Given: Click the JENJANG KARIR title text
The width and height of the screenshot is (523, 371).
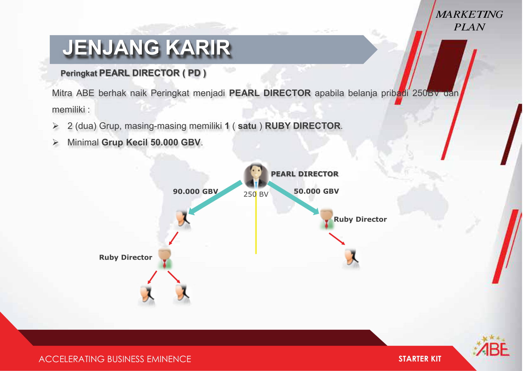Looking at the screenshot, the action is pyautogui.click(x=147, y=48).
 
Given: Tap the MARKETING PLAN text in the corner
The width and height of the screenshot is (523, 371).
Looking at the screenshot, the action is pyautogui.click(x=469, y=21).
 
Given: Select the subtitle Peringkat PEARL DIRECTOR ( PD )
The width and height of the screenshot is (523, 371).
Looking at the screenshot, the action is pyautogui.click(x=133, y=73).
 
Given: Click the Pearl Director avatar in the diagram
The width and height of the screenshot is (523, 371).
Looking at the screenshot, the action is pyautogui.click(x=256, y=176).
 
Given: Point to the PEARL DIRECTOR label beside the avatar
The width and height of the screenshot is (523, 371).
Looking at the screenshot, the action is pyautogui.click(x=305, y=174).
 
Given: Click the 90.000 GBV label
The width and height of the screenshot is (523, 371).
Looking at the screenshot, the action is pyautogui.click(x=196, y=191).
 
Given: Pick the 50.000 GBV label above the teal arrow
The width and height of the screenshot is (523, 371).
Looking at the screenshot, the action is pyautogui.click(x=316, y=191).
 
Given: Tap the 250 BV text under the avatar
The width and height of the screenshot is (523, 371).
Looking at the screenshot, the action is pyautogui.click(x=256, y=194).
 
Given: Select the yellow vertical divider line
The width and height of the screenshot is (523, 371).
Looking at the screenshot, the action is pyautogui.click(x=256, y=223).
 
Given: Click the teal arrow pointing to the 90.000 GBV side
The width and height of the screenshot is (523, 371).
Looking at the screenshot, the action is pyautogui.click(x=215, y=198).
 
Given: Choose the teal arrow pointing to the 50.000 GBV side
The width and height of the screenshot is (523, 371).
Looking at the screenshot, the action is pyautogui.click(x=293, y=198).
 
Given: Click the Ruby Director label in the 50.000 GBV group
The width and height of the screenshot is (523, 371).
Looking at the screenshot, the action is pyautogui.click(x=360, y=219).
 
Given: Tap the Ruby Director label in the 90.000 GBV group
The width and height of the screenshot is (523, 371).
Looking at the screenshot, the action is pyautogui.click(x=126, y=257).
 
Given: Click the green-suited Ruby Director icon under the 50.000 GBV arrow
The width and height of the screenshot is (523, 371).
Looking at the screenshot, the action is pyautogui.click(x=327, y=219).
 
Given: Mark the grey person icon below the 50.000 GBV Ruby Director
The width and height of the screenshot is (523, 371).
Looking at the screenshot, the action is pyautogui.click(x=351, y=259).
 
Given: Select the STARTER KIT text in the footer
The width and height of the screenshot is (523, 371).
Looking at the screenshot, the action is pyautogui.click(x=420, y=359).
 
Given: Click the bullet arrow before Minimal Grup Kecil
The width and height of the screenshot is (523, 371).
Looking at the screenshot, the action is pyautogui.click(x=55, y=142).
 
